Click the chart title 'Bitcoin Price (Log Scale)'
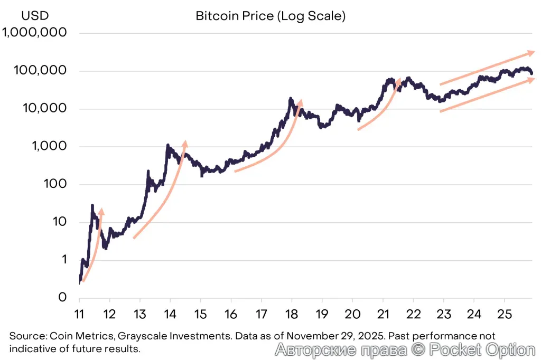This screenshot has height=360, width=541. point(270,16)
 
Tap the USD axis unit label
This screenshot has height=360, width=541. point(24,16)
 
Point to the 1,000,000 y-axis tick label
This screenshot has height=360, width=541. point(35,33)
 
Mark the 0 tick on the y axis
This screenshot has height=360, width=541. point(62,297)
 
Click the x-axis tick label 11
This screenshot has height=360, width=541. point(79,315)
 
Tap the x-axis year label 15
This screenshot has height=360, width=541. point(201,315)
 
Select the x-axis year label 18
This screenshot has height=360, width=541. point(292,315)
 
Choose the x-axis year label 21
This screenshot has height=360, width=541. point(383,315)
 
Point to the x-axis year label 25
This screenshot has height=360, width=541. point(505,315)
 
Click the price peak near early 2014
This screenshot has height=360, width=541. point(167,145)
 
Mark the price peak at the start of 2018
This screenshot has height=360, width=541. point(291,99)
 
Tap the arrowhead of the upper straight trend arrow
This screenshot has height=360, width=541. point(532,52)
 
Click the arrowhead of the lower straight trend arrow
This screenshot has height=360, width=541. point(532,79)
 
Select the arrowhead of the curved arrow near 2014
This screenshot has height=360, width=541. point(184,143)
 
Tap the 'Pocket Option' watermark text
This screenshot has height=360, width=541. point(481,349)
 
